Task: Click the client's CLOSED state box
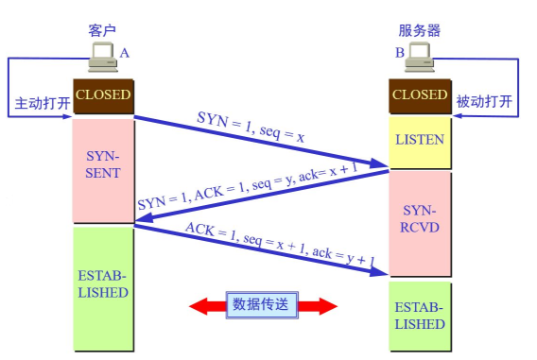pos(103,95)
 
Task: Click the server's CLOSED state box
pos(419,95)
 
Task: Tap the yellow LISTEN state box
pos(420,140)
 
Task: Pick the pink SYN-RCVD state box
pos(420,223)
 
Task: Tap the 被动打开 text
pos(485,101)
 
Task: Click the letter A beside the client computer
pos(124,54)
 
